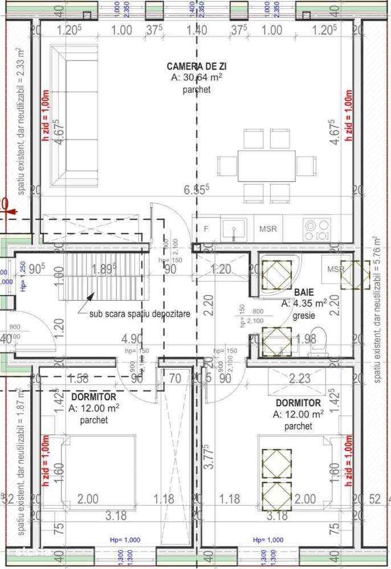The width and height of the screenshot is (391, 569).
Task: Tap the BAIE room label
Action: tap(304, 292)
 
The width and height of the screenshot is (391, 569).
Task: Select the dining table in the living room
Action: tap(266, 166)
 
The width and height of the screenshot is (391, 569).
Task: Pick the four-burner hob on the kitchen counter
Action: tap(316, 230)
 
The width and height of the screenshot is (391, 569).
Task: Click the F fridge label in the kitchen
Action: tap(206, 229)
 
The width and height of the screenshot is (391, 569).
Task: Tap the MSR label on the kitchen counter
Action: tap(268, 229)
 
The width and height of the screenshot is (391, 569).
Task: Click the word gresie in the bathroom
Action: tap(304, 315)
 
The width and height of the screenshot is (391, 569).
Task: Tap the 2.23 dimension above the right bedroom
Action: tap(300, 378)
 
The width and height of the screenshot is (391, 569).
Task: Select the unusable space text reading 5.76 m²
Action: tap(377, 309)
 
